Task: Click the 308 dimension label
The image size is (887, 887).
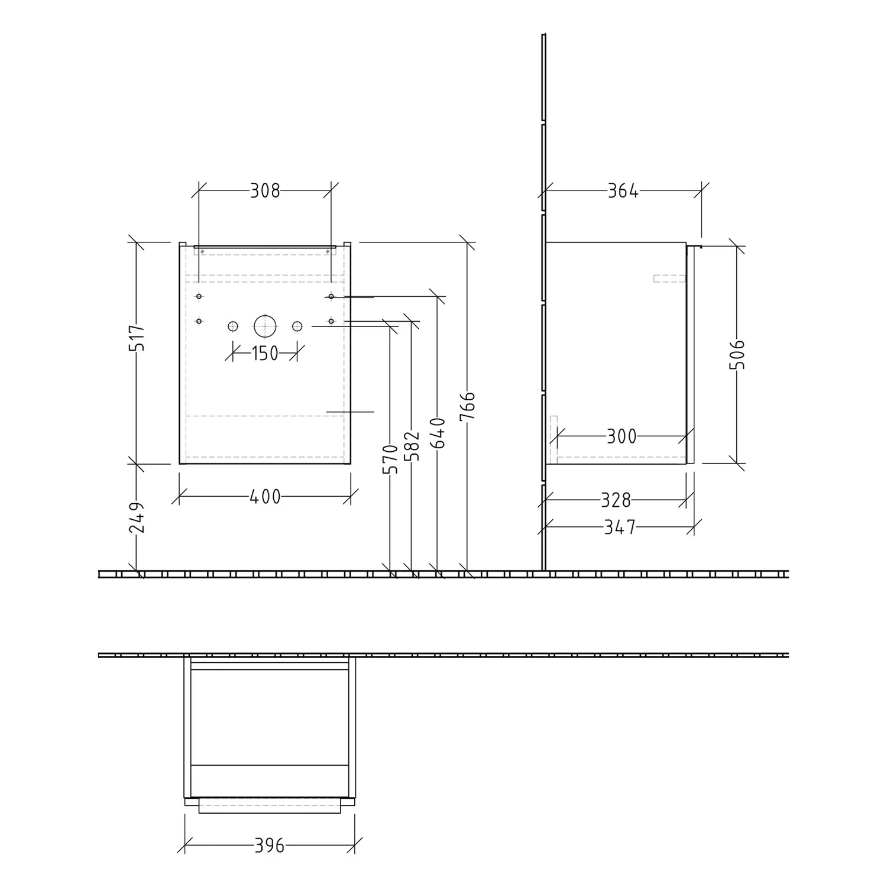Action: (265, 191)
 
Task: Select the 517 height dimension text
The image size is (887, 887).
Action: (137, 338)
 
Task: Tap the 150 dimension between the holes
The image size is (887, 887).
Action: (265, 354)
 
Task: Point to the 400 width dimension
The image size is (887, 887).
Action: (265, 497)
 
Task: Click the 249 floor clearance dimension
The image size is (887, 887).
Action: (137, 518)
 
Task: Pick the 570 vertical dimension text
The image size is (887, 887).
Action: (390, 459)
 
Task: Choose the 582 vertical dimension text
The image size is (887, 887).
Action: (412, 446)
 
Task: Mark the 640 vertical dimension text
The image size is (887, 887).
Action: (438, 433)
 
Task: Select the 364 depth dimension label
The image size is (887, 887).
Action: (623, 191)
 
